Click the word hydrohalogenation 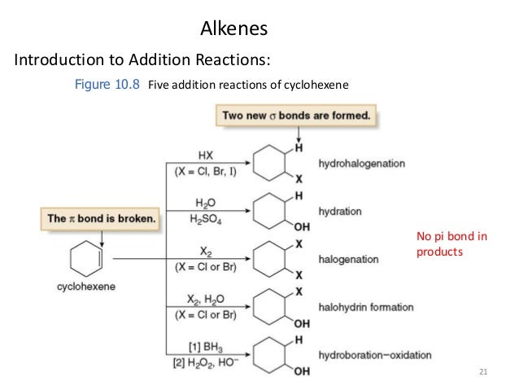(362, 164)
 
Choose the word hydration (341, 211)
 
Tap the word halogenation (349, 259)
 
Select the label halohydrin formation (366, 307)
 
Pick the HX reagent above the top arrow (205, 156)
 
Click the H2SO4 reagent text (206, 218)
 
